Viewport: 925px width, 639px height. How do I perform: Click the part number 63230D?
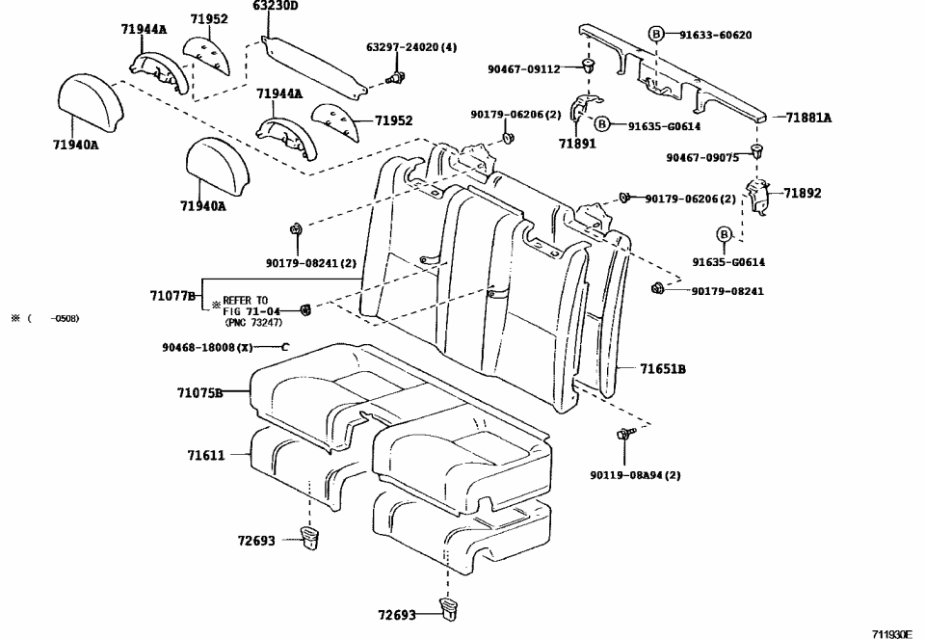tap(276, 6)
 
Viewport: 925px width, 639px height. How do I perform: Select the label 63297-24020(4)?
tap(411, 46)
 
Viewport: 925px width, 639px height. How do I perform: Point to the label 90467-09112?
tap(523, 68)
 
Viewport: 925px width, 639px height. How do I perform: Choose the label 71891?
tap(577, 143)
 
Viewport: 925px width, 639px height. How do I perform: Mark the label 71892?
tap(802, 193)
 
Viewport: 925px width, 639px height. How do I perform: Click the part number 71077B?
tap(173, 296)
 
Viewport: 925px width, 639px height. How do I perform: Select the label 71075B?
tap(199, 392)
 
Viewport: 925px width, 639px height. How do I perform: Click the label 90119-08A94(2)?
tap(635, 474)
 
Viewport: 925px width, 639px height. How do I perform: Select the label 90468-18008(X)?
tap(207, 346)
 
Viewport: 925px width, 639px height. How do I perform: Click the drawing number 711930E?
tap(891, 633)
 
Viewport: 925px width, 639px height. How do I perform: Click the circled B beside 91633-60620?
tap(656, 34)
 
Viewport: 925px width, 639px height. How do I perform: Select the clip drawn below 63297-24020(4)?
tap(394, 76)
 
